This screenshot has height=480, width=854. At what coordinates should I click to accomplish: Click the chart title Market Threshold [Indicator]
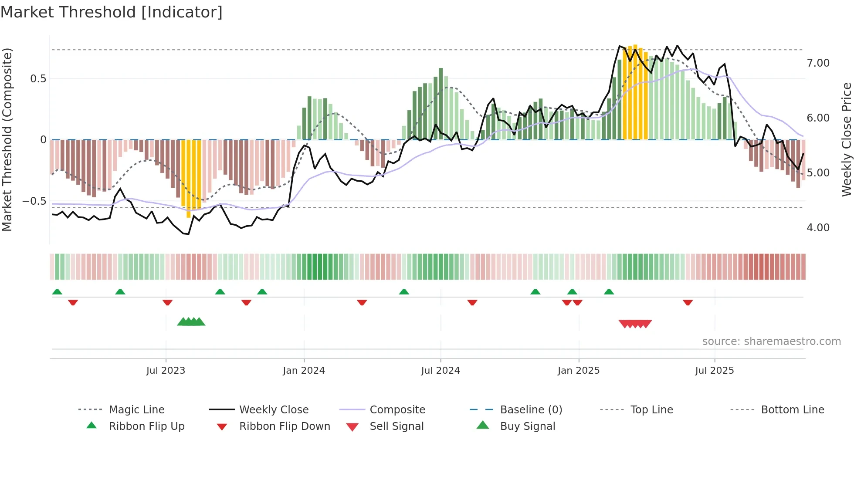(x=112, y=12)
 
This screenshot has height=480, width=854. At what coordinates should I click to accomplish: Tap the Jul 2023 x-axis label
(x=166, y=371)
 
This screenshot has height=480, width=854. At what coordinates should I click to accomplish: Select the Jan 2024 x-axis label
(x=304, y=371)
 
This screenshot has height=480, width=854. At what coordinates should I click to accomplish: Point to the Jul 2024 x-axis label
(x=441, y=371)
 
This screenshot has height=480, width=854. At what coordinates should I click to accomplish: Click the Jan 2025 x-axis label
(x=579, y=371)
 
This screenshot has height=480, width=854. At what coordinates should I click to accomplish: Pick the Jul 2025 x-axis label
(x=715, y=371)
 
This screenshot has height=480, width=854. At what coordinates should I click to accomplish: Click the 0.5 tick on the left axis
(x=38, y=79)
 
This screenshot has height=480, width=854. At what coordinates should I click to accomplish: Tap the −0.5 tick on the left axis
(x=34, y=201)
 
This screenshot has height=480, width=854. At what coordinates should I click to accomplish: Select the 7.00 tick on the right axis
(x=818, y=63)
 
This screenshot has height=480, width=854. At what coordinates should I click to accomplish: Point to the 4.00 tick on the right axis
(x=818, y=228)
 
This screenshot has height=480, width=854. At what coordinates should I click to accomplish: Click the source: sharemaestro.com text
(x=771, y=341)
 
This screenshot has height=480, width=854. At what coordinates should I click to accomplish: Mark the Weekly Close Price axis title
(x=846, y=139)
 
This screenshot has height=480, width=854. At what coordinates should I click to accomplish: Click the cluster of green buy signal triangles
(x=191, y=322)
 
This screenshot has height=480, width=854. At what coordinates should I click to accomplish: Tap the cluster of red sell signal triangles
(x=635, y=324)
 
